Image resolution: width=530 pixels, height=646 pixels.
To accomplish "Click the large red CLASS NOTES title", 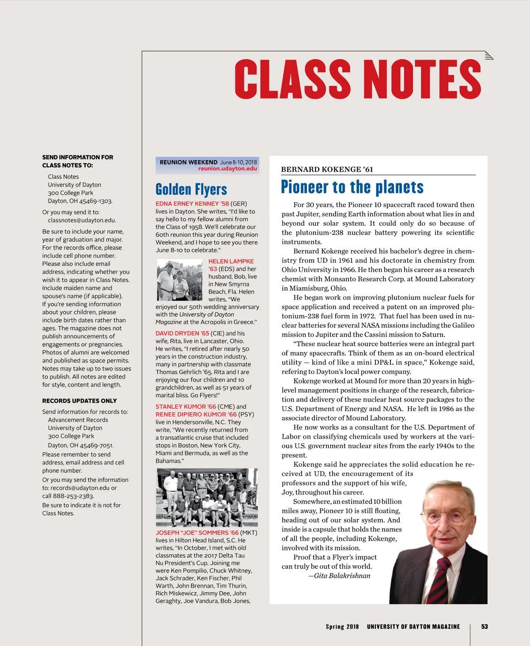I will [x=358, y=79].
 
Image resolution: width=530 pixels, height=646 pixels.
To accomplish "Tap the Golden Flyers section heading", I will [x=191, y=189].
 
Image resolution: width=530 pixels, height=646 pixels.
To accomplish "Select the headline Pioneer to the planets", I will [x=352, y=187].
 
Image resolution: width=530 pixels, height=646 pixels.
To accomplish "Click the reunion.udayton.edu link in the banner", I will [x=227, y=169].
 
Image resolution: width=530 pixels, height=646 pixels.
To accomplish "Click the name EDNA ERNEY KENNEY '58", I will [x=192, y=204].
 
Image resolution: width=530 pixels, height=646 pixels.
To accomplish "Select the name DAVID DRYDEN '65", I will [x=182, y=333].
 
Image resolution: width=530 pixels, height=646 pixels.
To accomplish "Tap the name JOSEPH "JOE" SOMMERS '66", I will [x=197, y=533].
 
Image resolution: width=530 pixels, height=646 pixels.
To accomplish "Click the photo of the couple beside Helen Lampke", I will [x=180, y=280].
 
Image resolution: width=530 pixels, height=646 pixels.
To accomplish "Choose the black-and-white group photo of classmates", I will [x=207, y=497].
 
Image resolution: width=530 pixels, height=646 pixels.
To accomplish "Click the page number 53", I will [x=485, y=627].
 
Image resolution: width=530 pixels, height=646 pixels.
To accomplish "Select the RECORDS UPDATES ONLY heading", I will [x=79, y=401].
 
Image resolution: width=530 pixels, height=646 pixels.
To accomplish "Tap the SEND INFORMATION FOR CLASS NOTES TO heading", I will [x=78, y=161].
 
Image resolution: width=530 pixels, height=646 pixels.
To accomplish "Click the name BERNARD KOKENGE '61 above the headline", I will [x=327, y=170].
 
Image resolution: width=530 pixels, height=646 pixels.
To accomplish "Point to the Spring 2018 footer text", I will [x=342, y=627].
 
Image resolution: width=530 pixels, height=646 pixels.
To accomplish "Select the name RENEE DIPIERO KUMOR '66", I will [x=196, y=415].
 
